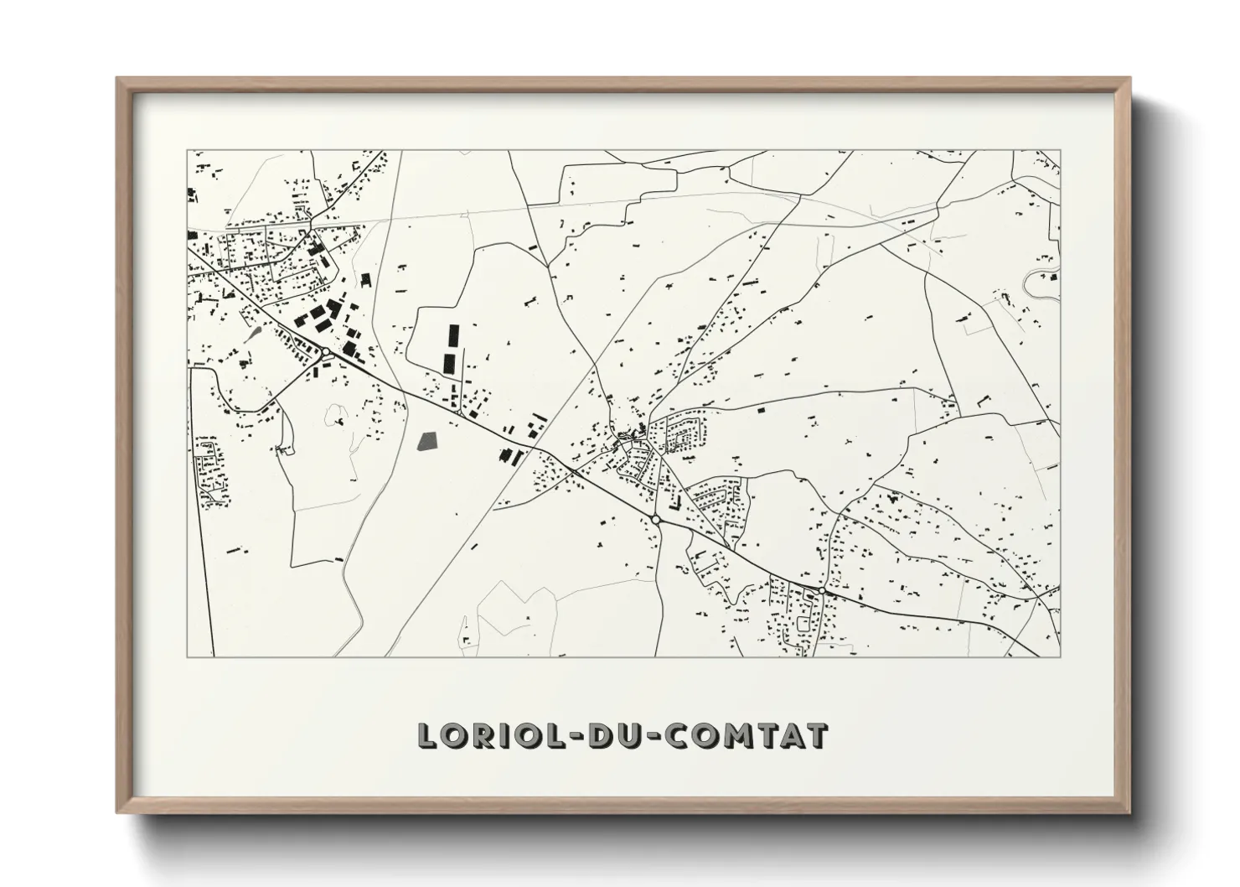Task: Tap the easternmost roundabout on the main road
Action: [823, 591]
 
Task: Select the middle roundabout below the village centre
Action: [656, 521]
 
